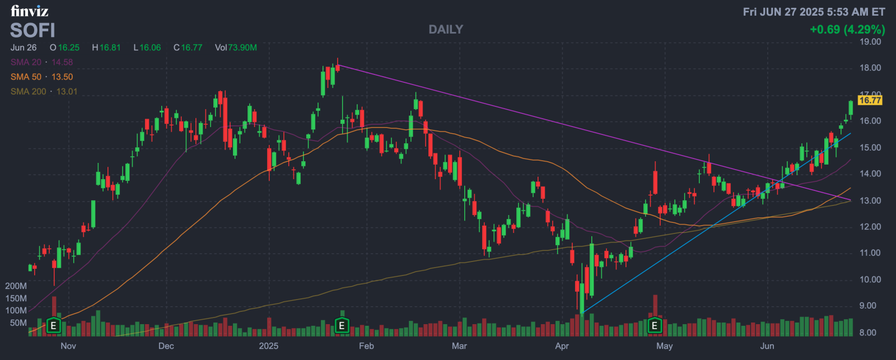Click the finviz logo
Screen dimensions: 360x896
coord(29,11)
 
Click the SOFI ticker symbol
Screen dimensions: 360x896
coord(32,30)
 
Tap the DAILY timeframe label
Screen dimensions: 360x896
coord(446,30)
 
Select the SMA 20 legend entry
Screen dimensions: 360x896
coord(41,62)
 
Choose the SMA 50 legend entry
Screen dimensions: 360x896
coord(41,77)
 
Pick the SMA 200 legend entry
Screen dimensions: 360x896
coord(44,91)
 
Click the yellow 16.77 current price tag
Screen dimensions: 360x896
coord(870,100)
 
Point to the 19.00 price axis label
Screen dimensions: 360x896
coord(870,41)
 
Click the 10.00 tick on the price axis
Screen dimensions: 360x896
coord(870,279)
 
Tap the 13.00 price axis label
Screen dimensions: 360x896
coord(870,200)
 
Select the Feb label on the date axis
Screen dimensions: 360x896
coord(366,346)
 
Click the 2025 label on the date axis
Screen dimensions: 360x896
coord(268,346)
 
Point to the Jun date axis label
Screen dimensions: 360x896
coord(767,346)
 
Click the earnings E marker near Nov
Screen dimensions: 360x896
coord(53,325)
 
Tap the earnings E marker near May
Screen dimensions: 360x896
coord(654,325)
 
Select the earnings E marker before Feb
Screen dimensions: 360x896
coord(342,325)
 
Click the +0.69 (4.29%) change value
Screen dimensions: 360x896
coord(847,29)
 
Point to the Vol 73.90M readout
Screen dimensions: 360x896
coord(236,48)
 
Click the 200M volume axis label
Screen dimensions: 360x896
coord(16,286)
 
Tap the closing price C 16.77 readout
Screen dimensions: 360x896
coord(188,48)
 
